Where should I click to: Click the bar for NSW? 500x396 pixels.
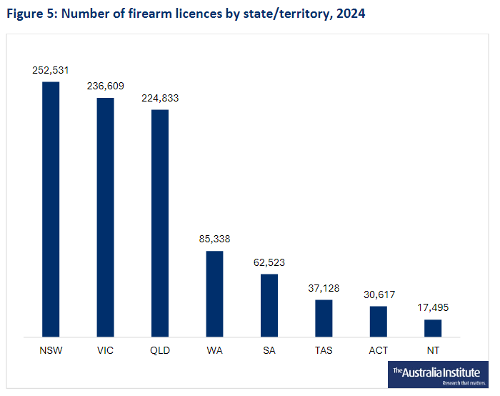(x=51, y=209)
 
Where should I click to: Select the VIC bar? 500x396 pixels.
(x=105, y=217)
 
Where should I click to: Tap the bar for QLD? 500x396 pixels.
(x=160, y=222)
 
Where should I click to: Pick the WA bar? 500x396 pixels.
(x=214, y=293)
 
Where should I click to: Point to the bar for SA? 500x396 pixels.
(x=269, y=305)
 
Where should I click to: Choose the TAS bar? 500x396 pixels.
(x=324, y=317)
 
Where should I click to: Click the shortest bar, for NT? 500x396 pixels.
(x=433, y=327)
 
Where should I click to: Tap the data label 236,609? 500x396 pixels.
(x=105, y=86)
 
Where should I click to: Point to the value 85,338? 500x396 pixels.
(x=214, y=239)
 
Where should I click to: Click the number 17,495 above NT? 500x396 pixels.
(x=433, y=307)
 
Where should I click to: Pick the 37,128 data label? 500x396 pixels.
(x=324, y=288)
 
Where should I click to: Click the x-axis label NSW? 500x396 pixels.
(x=51, y=350)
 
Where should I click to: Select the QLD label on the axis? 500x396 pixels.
(x=160, y=350)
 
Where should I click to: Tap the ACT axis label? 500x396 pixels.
(x=379, y=350)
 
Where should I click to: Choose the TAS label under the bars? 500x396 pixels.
(x=324, y=350)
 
